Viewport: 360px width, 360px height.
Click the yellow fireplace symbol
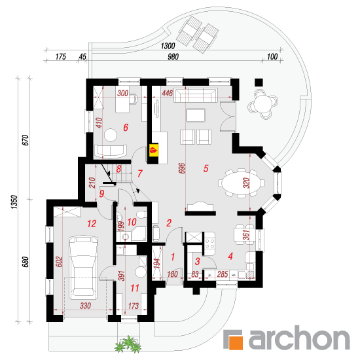[x=154, y=150]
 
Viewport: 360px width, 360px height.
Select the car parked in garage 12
[x=83, y=268]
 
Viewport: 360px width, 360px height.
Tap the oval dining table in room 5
[x=241, y=183]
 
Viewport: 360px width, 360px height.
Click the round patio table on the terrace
[x=263, y=104]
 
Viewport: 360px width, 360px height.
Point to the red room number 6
[x=126, y=128]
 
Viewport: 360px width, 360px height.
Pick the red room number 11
[x=135, y=288]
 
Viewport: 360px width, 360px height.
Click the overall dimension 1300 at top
[x=168, y=46]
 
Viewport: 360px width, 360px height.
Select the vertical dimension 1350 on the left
[x=14, y=202]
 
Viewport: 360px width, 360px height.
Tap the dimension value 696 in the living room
[x=181, y=168]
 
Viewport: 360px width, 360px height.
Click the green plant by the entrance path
[x=128, y=344]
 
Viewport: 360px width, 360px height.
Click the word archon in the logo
[x=299, y=338]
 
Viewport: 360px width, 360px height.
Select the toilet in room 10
[x=141, y=215]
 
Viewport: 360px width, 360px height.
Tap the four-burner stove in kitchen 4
[x=209, y=244]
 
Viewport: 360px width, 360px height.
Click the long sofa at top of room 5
[x=196, y=95]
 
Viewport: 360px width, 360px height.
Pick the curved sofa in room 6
[x=111, y=152]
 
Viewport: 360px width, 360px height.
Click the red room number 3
[x=198, y=261]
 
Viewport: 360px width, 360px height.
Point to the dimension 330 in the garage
[x=85, y=306]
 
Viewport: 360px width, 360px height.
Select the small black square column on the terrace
[x=259, y=82]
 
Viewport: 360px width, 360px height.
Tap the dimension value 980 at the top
[x=173, y=56]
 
